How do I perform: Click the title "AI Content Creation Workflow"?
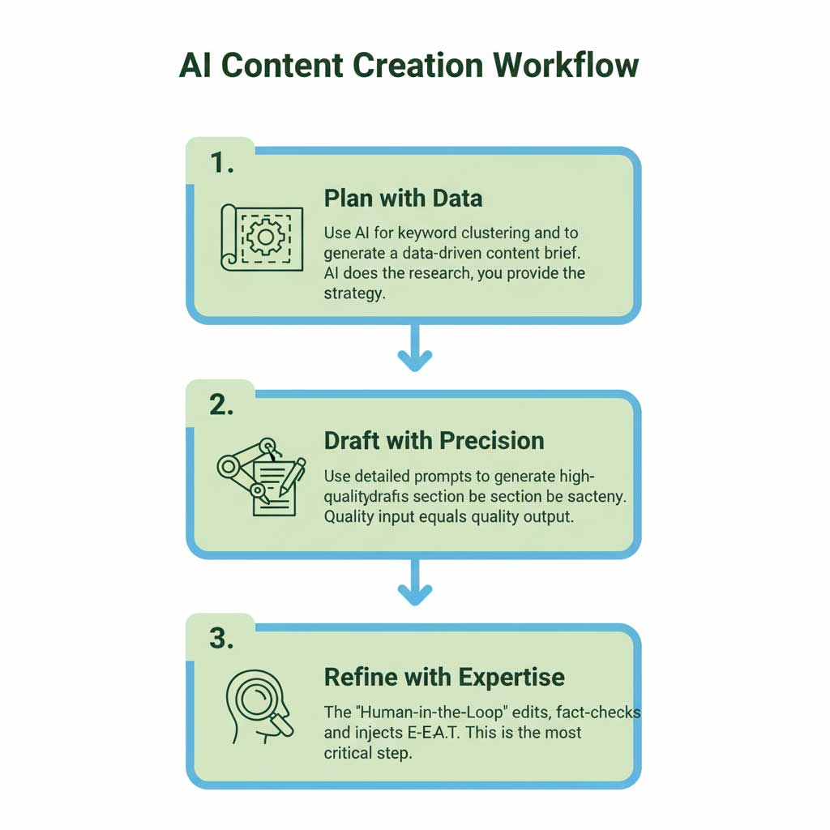click(409, 66)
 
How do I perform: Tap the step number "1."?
click(222, 163)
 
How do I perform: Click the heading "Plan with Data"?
click(403, 199)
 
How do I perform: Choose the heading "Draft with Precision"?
click(434, 441)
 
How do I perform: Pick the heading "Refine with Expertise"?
click(444, 677)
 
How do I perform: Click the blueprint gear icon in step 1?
click(261, 237)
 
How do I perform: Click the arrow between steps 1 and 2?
click(414, 349)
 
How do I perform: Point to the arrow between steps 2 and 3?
click(414, 584)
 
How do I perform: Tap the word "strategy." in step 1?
click(353, 293)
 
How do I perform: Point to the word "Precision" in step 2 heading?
click(491, 441)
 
